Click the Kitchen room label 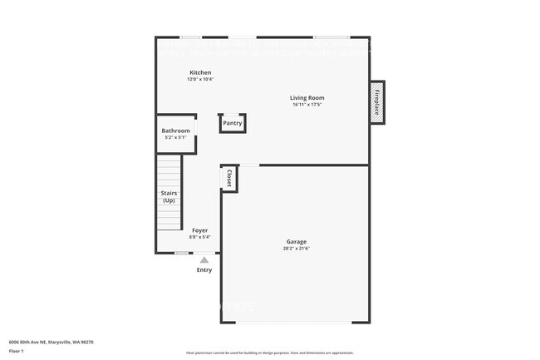200,72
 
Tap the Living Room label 307,98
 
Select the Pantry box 233,123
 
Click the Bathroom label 175,131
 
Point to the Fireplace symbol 377,101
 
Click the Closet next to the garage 229,178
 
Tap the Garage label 297,242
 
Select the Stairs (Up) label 169,196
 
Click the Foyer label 200,229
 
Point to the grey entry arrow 204,260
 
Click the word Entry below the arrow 204,269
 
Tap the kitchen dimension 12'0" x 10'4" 200,79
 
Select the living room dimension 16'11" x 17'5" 307,105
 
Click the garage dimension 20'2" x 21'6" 297,249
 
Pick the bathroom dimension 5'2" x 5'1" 175,137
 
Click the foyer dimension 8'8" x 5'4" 200,236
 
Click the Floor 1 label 17,352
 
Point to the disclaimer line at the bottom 270,353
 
